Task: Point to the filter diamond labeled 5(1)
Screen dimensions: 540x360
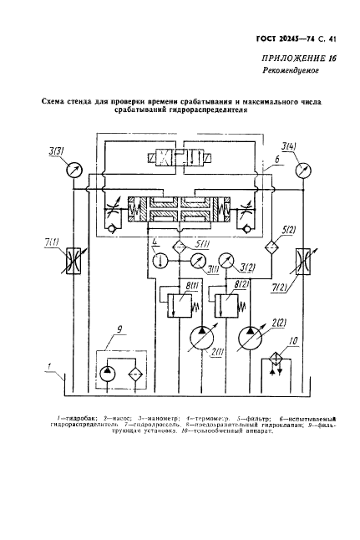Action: (177, 248)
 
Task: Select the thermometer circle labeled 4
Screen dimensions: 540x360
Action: (156, 259)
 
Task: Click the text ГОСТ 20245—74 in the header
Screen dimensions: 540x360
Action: (286, 39)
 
